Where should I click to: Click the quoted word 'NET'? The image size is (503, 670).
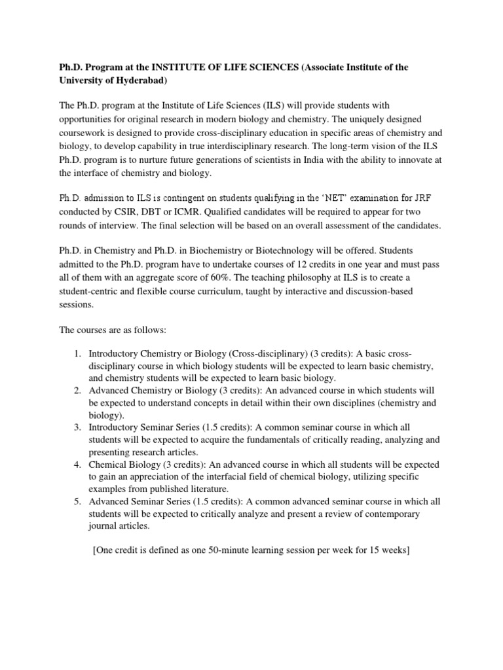pyautogui.click(x=288, y=197)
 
